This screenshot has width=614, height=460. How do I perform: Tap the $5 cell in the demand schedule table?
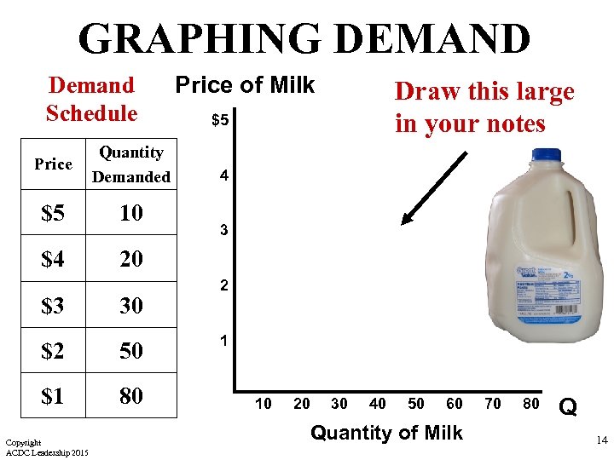coord(53,212)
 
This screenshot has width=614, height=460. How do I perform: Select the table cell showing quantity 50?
coord(131,350)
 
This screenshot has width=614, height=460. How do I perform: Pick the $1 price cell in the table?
coord(53,395)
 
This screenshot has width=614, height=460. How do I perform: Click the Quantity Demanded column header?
coord(131,164)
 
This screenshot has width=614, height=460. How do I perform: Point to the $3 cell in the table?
coord(53,304)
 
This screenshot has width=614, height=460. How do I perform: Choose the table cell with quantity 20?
coord(131,258)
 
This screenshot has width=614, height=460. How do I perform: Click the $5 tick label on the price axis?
coord(220,121)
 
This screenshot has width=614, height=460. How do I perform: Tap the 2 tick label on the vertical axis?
coord(223,286)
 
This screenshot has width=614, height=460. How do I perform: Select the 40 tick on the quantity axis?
coord(377,404)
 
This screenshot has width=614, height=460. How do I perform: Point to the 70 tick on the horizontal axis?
coord(493,404)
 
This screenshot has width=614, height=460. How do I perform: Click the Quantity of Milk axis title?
coord(386,433)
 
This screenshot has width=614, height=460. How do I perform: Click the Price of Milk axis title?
coord(245,85)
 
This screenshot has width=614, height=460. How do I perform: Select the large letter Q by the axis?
coord(568,408)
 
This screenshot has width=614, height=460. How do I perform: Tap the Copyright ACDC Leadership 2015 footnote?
coord(46,447)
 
